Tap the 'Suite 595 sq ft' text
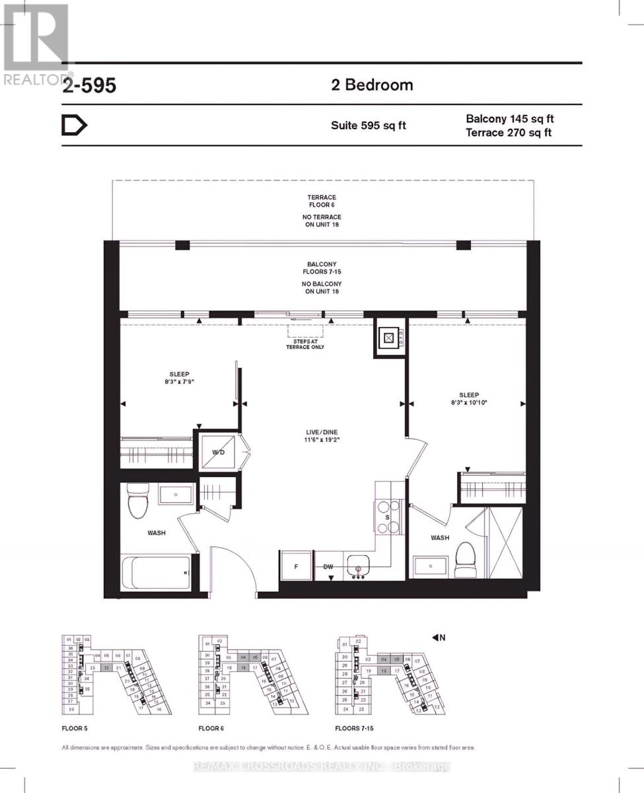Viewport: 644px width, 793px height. [x=368, y=126]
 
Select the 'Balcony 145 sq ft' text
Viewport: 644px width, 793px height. [x=509, y=119]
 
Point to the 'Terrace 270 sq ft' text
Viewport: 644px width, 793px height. [x=509, y=133]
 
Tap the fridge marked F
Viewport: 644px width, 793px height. [x=295, y=566]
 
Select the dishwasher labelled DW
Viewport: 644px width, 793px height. [x=328, y=567]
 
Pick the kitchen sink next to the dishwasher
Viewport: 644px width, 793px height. [x=359, y=567]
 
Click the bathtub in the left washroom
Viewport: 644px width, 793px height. [x=157, y=573]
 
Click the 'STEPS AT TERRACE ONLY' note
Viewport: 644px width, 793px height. [x=304, y=344]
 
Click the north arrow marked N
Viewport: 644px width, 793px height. [x=439, y=638]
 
